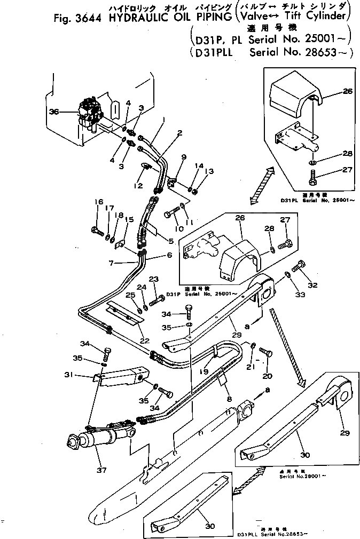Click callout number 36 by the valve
pos(53,112)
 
